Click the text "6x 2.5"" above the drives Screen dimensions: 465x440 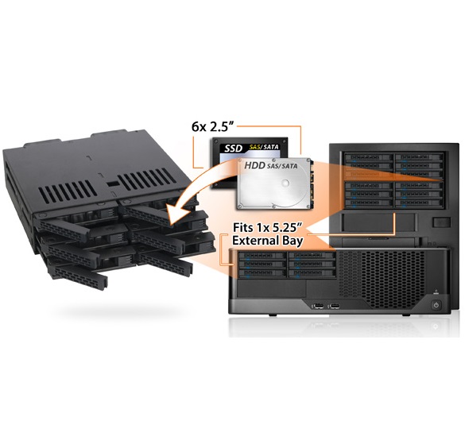(211, 127)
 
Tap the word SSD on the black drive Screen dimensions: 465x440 (233, 149)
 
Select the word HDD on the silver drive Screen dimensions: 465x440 (254, 165)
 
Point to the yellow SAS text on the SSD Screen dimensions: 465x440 (255, 147)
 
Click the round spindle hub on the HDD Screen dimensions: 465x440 (285, 183)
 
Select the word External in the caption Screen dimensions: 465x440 (255, 241)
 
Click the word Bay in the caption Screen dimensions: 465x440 (292, 241)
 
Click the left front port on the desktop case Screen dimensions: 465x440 (317, 306)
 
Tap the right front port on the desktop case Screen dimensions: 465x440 (334, 306)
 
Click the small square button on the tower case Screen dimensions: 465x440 (442, 222)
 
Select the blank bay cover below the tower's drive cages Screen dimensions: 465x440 (378, 222)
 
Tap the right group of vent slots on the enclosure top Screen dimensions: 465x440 (145, 179)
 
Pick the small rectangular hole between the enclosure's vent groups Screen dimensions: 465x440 (111, 184)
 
